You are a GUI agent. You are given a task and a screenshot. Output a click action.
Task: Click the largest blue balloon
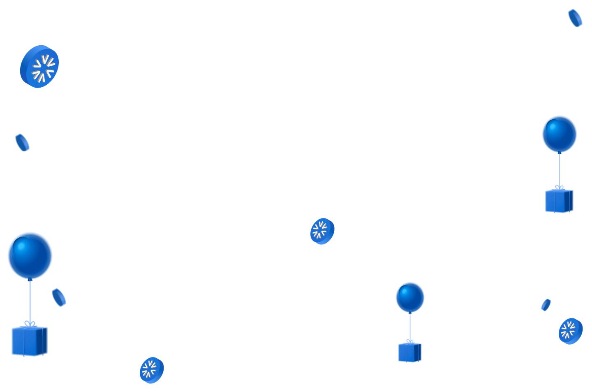pos(30,255)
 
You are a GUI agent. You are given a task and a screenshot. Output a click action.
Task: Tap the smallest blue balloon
pos(410,297)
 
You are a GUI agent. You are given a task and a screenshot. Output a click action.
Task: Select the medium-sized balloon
pos(559,134)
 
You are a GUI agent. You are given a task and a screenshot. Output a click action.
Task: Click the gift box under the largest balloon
pos(29,341)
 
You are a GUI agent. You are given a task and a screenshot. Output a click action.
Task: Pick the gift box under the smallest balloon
pos(409,353)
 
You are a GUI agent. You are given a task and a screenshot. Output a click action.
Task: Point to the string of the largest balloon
pos(30,300)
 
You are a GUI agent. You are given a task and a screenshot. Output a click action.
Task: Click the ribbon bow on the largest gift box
pos(29,324)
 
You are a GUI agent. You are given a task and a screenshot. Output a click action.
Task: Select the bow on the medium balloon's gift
pos(559,188)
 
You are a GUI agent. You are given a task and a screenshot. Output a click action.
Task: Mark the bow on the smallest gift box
pos(410,341)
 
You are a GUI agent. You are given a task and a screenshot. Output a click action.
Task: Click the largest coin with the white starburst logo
pos(40,66)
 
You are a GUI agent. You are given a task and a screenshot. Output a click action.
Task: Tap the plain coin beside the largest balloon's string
pos(59,297)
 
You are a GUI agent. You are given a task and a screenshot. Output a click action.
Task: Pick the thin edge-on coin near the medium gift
pos(546,305)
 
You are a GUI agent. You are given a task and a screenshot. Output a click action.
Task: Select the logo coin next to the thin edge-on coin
pos(571,331)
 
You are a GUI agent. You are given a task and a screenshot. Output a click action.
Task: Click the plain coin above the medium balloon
pos(575,18)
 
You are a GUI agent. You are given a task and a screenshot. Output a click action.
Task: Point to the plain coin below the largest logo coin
pos(22,142)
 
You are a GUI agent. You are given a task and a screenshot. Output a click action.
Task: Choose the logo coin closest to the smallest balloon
pos(322,231)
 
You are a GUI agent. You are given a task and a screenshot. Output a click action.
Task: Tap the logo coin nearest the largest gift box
pos(152,370)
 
